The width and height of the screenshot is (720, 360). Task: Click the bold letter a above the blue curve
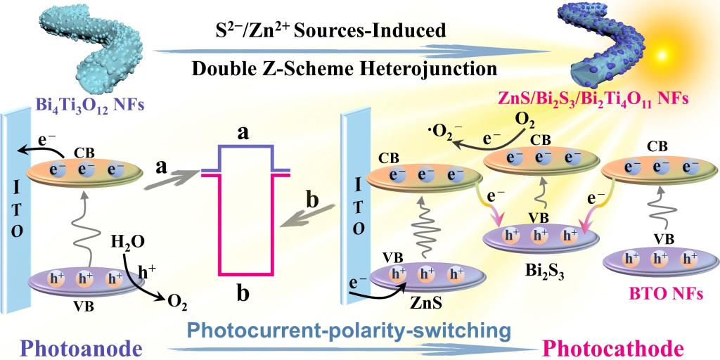point(245,134)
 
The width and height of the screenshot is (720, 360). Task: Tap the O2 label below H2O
point(177,304)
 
